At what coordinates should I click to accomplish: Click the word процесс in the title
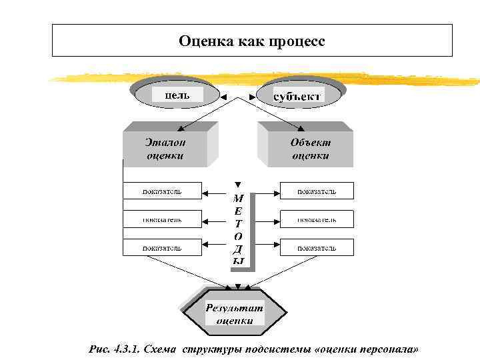[297, 41]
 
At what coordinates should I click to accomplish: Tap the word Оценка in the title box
[203, 41]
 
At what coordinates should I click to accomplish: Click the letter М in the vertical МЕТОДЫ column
[238, 198]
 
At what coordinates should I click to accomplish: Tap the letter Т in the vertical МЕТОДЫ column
[238, 223]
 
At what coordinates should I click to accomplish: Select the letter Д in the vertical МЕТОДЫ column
[238, 249]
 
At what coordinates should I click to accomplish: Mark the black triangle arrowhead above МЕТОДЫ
[238, 184]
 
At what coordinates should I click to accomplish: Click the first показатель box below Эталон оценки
[161, 191]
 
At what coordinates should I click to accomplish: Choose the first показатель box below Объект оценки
[317, 191]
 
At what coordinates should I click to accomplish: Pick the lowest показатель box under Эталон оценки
[161, 247]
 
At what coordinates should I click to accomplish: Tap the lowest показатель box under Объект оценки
[317, 247]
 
